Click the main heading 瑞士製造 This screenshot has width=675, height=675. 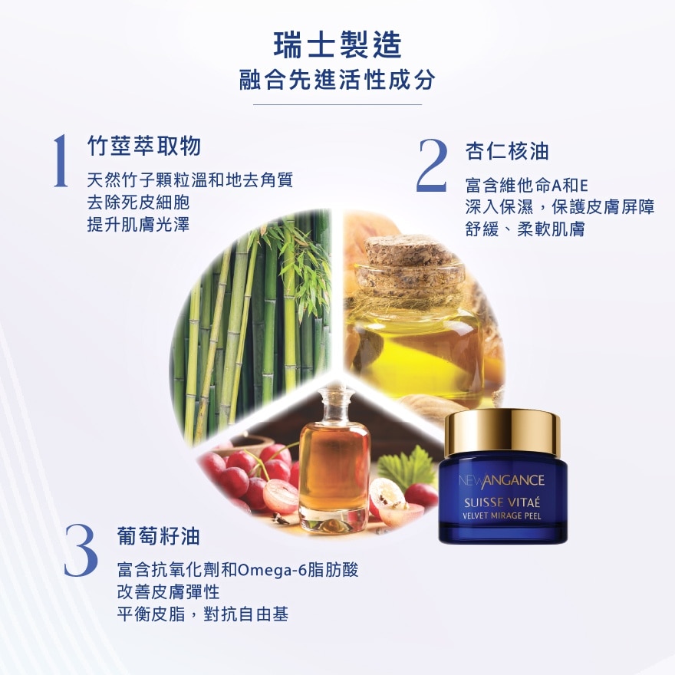337,44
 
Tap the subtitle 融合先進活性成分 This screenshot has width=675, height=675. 337,79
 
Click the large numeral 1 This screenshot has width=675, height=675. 61,160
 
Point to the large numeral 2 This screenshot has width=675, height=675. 432,165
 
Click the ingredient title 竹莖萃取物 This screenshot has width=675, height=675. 144,145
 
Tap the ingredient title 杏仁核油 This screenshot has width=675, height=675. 507,151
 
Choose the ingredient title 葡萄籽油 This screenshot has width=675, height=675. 159,536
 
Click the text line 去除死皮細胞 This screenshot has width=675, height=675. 138,202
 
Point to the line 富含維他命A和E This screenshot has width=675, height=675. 526,186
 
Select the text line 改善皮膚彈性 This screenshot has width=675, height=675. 168,592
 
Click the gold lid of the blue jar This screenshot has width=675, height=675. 502,433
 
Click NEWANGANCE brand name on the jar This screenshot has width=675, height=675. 502,480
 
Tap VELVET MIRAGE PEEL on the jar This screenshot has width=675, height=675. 502,515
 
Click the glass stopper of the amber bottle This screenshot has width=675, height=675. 333,403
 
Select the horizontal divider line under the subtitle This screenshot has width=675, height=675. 337,104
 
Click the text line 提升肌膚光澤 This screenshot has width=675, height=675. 138,224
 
